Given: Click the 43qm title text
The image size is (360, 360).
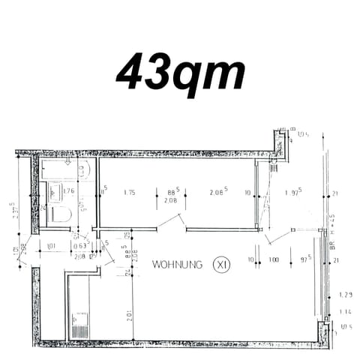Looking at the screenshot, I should click(x=180, y=72).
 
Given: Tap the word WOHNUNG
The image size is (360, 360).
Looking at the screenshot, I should click(x=177, y=265).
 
